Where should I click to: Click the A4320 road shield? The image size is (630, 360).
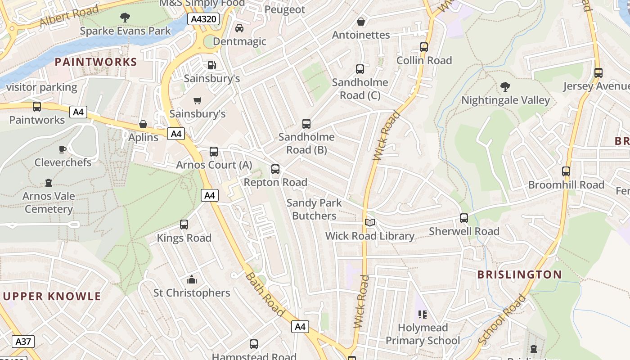click(x=203, y=19)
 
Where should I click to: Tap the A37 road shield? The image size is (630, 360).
click(x=23, y=342)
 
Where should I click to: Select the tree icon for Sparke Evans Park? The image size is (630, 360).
click(x=125, y=18)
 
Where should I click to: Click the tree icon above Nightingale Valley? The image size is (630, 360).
click(x=505, y=86)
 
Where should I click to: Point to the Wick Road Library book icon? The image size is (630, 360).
click(x=370, y=222)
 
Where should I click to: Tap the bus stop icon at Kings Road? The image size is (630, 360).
click(x=184, y=225)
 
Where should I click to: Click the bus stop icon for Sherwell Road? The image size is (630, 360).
click(x=464, y=218)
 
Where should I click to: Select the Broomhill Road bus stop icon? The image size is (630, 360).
click(x=566, y=171)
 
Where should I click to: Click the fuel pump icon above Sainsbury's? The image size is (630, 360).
click(x=211, y=65)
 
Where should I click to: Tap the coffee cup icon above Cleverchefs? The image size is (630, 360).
click(x=63, y=149)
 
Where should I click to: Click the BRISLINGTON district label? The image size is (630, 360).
click(x=519, y=274)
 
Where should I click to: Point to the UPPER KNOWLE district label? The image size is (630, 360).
click(x=52, y=296)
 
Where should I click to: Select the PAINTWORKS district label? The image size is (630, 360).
click(x=96, y=62)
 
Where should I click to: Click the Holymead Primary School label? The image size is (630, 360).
click(x=423, y=334)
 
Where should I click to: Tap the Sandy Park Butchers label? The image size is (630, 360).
click(x=314, y=209)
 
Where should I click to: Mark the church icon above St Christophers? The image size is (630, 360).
click(x=192, y=280)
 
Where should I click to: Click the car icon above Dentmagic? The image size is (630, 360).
click(x=239, y=28)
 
